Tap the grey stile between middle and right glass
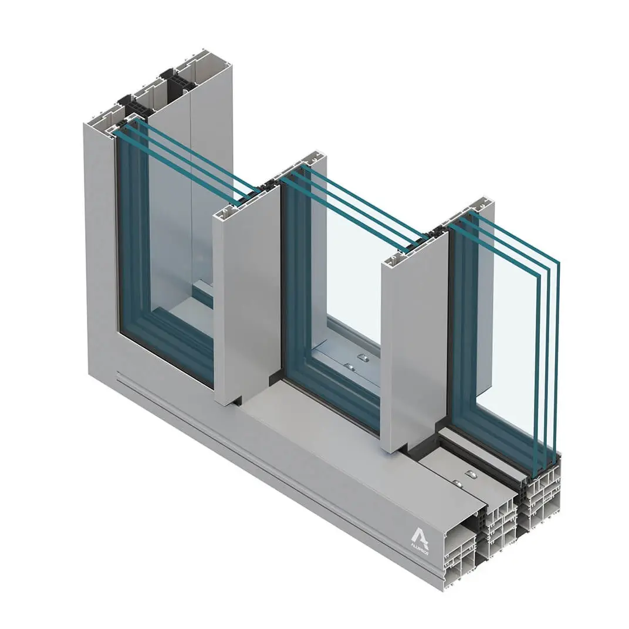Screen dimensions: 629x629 [414, 346]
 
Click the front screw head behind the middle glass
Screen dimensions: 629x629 [349, 367]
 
